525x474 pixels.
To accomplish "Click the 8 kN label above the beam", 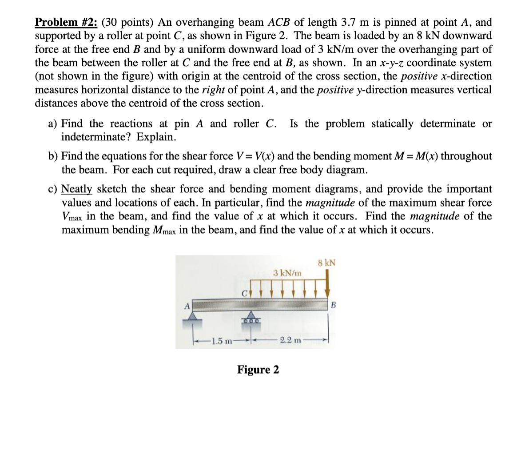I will (x=327, y=263).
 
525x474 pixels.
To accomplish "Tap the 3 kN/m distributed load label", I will (x=287, y=273).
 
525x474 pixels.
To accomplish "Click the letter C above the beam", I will (x=244, y=293).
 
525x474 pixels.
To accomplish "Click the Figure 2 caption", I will (x=258, y=370).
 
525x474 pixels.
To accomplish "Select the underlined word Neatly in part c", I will (x=76, y=189).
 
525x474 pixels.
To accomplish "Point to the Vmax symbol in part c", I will (x=72, y=217).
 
